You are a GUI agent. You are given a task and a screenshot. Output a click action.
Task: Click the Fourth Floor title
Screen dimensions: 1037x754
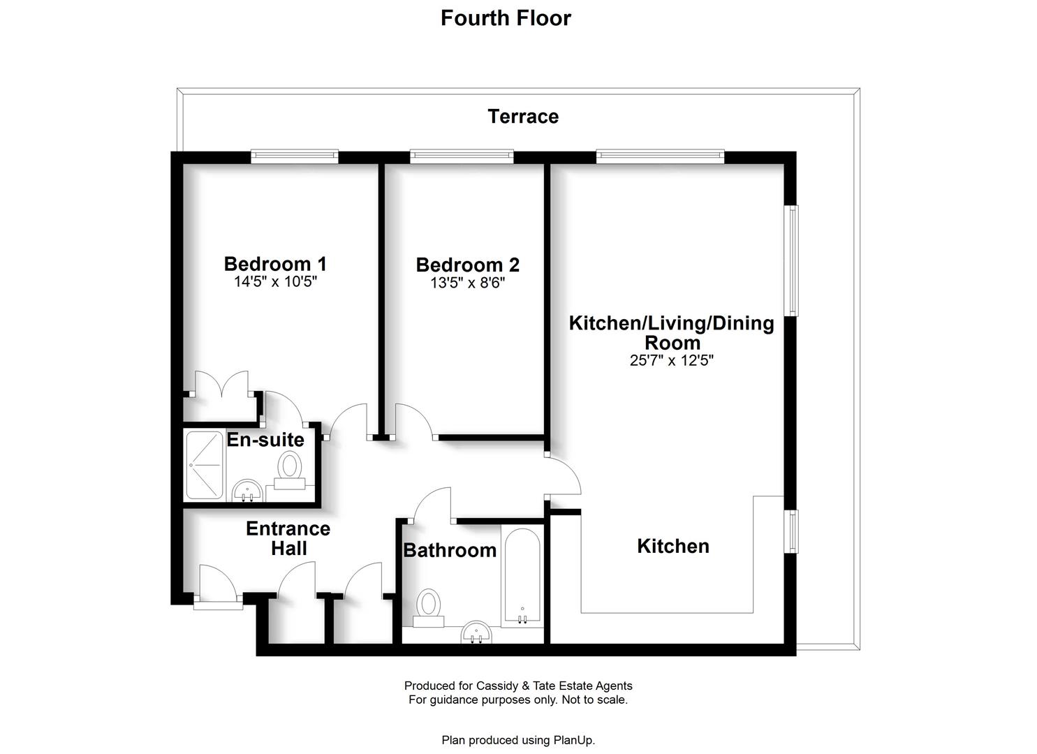point(506,19)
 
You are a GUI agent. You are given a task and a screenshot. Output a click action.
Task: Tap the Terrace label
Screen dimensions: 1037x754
point(523,116)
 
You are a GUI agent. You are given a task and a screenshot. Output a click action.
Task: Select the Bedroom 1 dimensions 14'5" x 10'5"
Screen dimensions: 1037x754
point(275,281)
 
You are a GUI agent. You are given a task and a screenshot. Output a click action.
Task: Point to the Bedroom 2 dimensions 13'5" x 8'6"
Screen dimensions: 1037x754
point(468,282)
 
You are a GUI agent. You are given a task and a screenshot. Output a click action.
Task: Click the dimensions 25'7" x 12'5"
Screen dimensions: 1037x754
point(671,360)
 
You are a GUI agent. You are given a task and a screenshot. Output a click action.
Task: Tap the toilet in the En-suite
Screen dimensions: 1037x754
point(289,470)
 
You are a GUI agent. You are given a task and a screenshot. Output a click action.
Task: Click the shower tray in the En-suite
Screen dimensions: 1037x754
point(205,466)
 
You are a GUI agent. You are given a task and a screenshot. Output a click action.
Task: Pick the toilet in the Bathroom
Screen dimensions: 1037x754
point(428,607)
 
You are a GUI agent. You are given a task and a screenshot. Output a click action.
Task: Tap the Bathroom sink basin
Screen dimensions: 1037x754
point(477,633)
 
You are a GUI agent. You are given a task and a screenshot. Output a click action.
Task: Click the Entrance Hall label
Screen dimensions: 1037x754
point(288,538)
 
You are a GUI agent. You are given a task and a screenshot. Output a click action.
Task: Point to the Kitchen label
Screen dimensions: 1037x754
point(673,546)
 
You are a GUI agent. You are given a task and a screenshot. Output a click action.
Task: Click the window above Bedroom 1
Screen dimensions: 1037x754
point(295,156)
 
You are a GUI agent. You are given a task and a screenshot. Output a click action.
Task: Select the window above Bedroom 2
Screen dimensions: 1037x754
point(462,156)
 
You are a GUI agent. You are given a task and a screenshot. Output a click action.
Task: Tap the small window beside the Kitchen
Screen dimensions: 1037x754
point(793,531)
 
